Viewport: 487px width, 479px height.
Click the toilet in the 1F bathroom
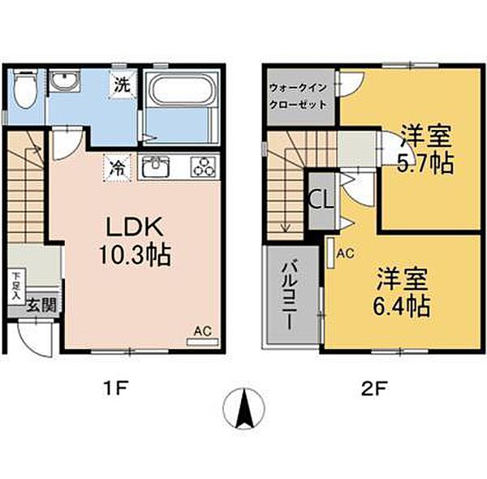[26, 88]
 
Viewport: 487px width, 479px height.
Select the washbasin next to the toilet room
[65, 80]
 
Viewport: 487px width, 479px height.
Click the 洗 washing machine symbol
[123, 84]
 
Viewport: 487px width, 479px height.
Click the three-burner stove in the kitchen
[204, 166]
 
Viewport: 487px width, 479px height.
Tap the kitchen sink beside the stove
[156, 166]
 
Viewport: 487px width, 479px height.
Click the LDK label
[135, 227]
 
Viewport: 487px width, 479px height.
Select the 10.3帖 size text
[135, 255]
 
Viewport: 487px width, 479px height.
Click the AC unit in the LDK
[202, 342]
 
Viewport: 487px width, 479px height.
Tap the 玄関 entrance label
[41, 305]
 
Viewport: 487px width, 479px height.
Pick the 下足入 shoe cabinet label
[16, 286]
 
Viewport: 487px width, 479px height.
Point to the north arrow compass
[244, 408]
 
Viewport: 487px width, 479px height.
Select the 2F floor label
[373, 389]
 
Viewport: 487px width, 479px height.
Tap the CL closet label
[321, 201]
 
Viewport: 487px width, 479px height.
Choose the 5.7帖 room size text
[425, 163]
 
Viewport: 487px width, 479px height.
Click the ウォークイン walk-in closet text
[298, 88]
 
